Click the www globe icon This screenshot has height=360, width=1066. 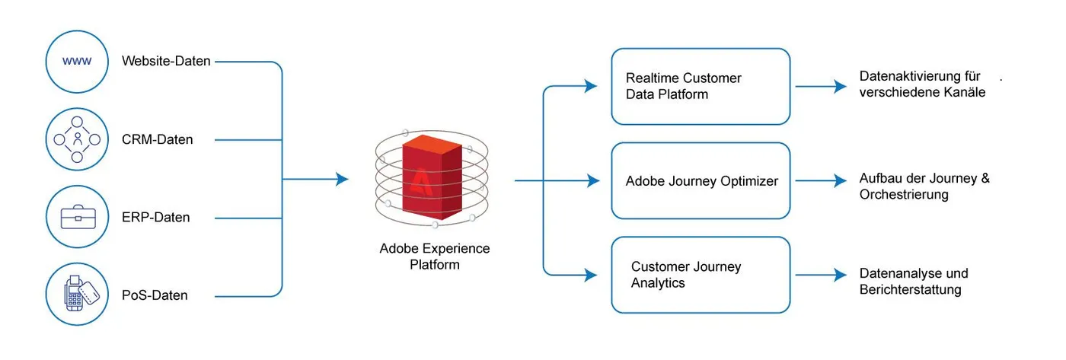[x=77, y=61]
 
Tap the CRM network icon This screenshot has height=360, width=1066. [x=77, y=139]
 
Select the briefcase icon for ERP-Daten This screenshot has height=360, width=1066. [x=77, y=218]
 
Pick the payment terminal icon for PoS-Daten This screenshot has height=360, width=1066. [x=77, y=295]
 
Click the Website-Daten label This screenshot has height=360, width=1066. [x=166, y=61]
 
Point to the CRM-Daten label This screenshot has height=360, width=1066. [x=158, y=140]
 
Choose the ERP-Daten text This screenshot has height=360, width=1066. [x=156, y=218]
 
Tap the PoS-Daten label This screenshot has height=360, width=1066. [x=155, y=295]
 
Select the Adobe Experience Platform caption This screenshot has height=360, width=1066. [x=435, y=256]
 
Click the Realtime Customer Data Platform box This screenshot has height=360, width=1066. [x=701, y=86]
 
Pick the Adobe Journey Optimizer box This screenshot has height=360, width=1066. [x=701, y=181]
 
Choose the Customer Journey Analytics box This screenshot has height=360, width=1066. [x=701, y=275]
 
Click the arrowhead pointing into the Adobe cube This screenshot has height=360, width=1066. [x=342, y=180]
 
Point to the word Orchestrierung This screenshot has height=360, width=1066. [x=904, y=195]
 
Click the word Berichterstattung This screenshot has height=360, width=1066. [x=910, y=290]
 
